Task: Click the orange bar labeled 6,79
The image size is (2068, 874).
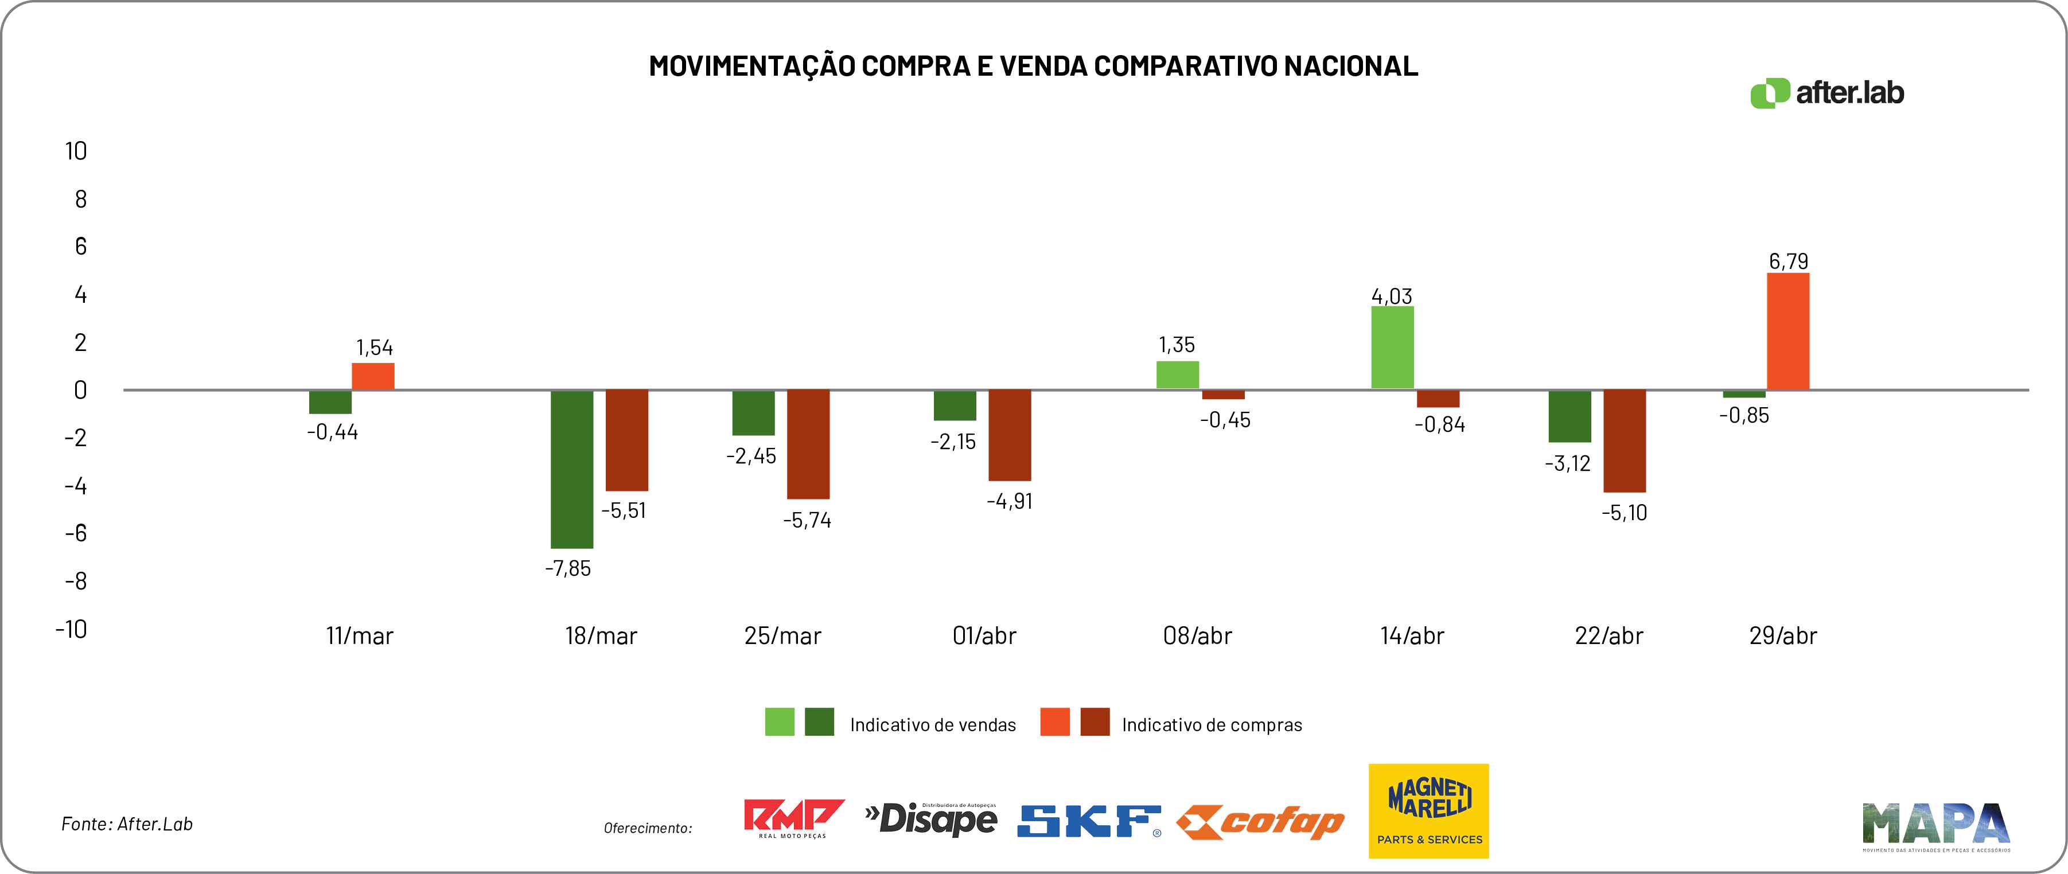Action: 1788,331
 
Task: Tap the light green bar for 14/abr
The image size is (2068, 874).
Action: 1392,347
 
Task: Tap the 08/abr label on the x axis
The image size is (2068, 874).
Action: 1197,635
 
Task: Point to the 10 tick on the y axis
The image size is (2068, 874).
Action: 76,151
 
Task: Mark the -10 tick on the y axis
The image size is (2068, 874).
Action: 72,629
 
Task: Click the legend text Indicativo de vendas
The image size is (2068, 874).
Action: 932,725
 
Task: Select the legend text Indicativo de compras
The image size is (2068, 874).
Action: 1212,725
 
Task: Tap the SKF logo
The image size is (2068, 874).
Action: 1089,820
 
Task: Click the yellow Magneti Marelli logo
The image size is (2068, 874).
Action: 1428,810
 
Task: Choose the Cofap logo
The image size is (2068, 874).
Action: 1260,822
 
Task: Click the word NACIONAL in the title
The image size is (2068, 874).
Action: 1350,66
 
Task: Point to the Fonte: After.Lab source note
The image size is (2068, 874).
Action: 127,824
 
